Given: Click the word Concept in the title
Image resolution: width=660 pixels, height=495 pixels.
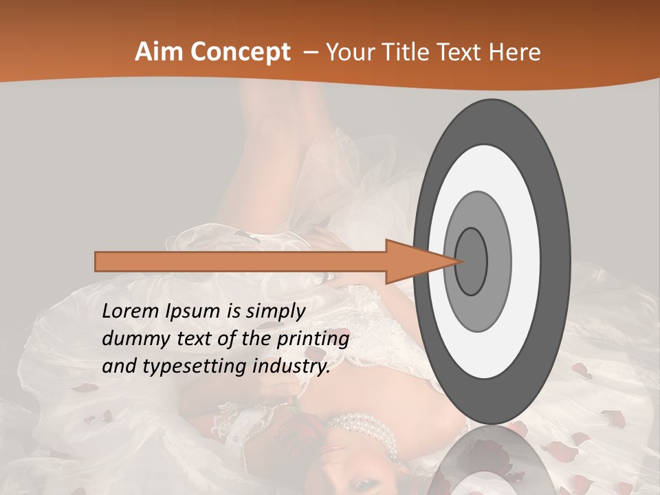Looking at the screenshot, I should pyautogui.click(x=239, y=52).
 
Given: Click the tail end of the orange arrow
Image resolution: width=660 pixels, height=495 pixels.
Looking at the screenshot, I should pyautogui.click(x=97, y=261).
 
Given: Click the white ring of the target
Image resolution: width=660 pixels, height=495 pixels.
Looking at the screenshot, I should pyautogui.click(x=526, y=261).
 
